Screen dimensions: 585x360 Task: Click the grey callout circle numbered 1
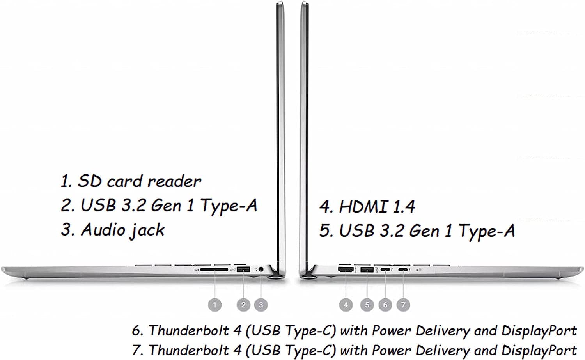[x=214, y=305]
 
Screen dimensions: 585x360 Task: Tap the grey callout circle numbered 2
[x=243, y=305]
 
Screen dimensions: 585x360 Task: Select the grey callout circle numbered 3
[x=261, y=305]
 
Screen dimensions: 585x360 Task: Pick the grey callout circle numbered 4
[x=346, y=305]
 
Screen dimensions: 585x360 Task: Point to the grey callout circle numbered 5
[x=367, y=305]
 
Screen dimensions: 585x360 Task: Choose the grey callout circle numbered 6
[x=385, y=305]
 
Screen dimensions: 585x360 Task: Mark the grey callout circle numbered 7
[x=403, y=305]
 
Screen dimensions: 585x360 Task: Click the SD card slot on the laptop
[x=214, y=270]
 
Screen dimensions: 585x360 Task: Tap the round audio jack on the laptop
[x=261, y=270]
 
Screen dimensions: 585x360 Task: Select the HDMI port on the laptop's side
[x=346, y=270]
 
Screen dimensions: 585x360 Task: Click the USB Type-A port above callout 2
[x=243, y=270]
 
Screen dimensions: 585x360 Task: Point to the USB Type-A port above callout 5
[x=367, y=270]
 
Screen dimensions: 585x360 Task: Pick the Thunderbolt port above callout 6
[x=385, y=270]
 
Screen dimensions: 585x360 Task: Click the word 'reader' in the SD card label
[x=174, y=181]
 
